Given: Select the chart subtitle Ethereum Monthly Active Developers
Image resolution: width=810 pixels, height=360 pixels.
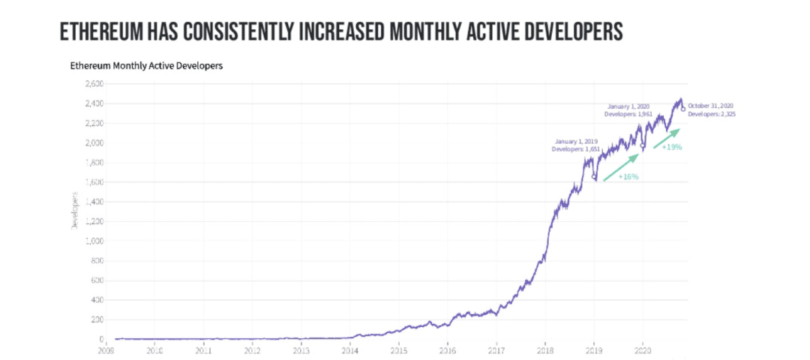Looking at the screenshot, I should click(x=146, y=66).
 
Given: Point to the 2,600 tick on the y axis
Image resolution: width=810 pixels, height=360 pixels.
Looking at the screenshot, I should click(x=94, y=84).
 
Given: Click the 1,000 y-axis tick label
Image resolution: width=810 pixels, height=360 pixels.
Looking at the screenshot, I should click(x=94, y=241).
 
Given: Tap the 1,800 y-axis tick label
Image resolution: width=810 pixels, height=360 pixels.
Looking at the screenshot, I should click(x=94, y=163).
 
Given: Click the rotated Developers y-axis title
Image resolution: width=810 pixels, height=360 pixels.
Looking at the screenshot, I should click(x=75, y=210).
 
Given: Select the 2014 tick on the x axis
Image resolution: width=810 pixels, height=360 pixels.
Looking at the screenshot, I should click(x=349, y=349).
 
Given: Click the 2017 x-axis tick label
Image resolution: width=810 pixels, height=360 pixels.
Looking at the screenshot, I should click(x=496, y=349).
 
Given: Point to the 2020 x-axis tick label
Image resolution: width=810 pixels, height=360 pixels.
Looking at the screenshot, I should click(x=643, y=349).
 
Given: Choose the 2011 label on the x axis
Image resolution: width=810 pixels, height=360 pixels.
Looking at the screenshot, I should click(x=203, y=349).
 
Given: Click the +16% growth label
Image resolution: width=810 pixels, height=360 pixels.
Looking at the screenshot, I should click(x=628, y=177).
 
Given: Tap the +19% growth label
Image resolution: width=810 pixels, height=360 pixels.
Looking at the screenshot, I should click(x=671, y=147).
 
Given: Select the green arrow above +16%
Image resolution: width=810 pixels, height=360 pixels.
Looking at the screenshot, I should click(x=621, y=167).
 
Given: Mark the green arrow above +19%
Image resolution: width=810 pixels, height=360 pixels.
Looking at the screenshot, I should click(x=667, y=138).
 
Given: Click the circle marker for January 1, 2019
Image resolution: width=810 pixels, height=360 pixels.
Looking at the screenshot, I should click(x=594, y=178).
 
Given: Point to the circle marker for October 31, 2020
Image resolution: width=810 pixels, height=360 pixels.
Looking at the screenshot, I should click(x=682, y=109).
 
